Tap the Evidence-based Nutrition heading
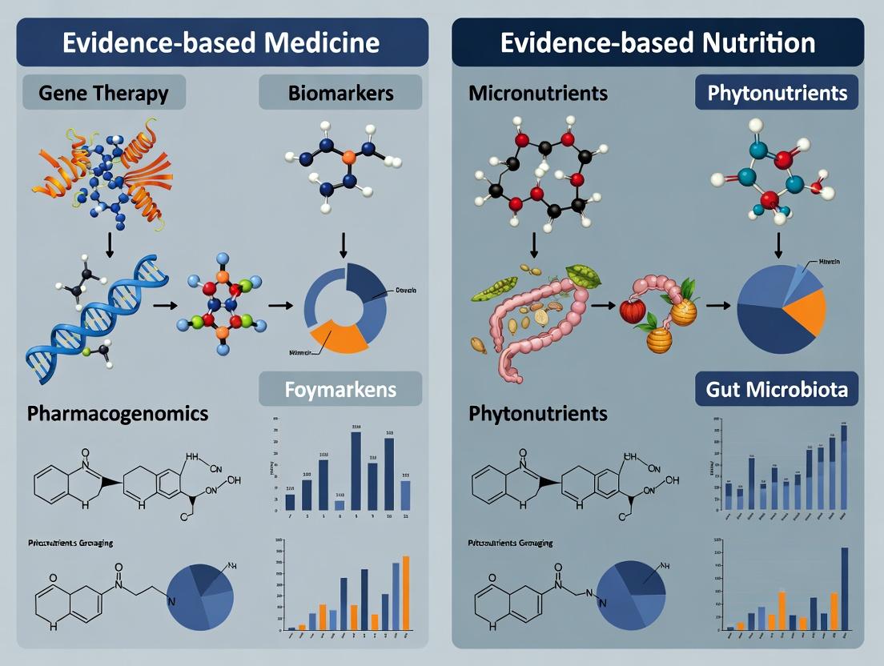(x=657, y=42)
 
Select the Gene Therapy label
(x=104, y=93)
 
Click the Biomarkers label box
(x=340, y=93)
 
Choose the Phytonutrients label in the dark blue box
(x=777, y=93)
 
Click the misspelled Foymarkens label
(x=340, y=391)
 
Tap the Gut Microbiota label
(x=777, y=391)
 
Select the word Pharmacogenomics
(x=118, y=414)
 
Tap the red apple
(x=633, y=310)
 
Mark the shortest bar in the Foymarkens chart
(x=340, y=505)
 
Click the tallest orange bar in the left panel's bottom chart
(x=406, y=592)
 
